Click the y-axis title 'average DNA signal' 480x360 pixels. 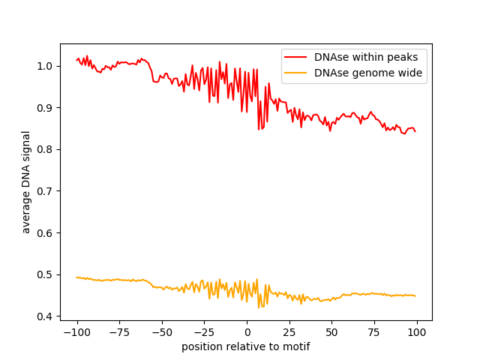click(x=26, y=182)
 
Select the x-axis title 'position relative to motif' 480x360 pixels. click(x=246, y=346)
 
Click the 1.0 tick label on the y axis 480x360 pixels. click(x=45, y=66)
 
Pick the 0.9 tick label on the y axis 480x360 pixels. click(x=45, y=108)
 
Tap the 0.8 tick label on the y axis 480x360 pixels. click(x=45, y=149)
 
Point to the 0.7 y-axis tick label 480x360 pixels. click(x=45, y=191)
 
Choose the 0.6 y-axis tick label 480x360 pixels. click(x=45, y=233)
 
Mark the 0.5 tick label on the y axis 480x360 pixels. click(x=45, y=274)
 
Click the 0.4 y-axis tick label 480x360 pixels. click(x=45, y=316)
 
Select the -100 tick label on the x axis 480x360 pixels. click(x=76, y=331)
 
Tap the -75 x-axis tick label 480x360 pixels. click(x=119, y=331)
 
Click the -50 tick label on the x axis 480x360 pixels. click(x=162, y=331)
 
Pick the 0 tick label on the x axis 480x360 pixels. click(x=247, y=331)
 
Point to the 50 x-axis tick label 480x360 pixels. click(x=332, y=331)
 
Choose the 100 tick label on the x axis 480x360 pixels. click(x=417, y=331)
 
